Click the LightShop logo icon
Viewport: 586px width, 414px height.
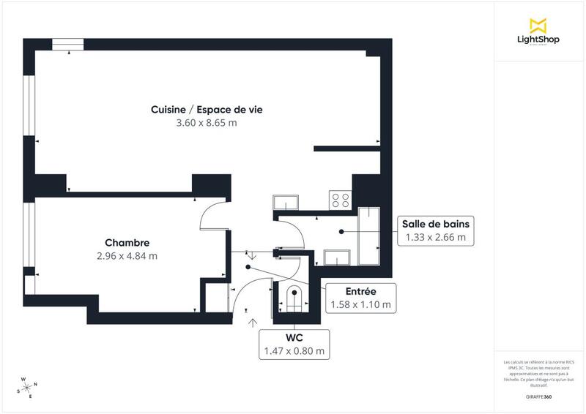(x=538, y=25)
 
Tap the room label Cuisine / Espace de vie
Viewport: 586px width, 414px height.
(x=207, y=110)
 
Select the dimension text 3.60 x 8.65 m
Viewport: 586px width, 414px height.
(x=207, y=123)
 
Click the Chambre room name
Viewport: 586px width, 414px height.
(x=127, y=243)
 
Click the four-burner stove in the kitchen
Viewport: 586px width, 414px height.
(x=341, y=200)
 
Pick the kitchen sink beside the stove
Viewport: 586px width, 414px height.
(x=284, y=202)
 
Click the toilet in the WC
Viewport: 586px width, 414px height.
(x=294, y=299)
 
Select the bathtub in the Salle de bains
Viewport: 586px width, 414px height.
(x=368, y=236)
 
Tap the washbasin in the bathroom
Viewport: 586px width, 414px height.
(x=337, y=257)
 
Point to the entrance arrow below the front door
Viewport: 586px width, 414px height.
(x=253, y=321)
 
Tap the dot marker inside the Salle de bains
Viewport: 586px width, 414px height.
(x=341, y=231)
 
